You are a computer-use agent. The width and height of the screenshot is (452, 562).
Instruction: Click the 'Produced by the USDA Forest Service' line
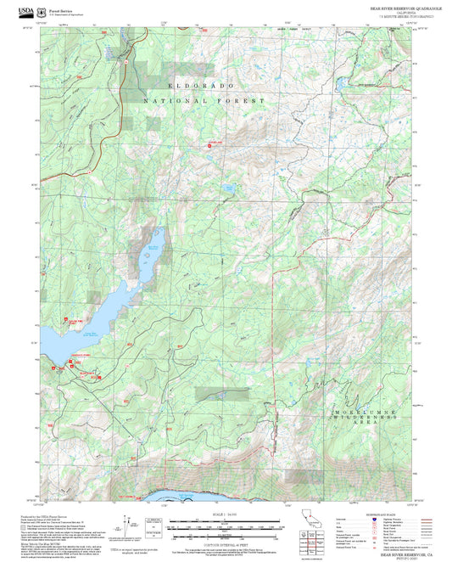[47, 515]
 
